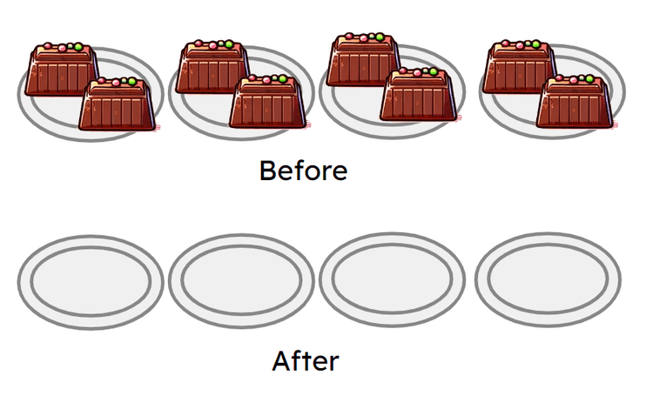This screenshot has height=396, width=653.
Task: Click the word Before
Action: pos(303,171)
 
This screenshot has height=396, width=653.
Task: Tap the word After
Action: pos(306,360)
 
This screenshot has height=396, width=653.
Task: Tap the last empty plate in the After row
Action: pos(548,281)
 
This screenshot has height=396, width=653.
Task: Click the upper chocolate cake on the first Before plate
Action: pos(59,71)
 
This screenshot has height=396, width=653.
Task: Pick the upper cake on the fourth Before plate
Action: pos(520,68)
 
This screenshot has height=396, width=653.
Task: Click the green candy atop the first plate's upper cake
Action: pos(77,46)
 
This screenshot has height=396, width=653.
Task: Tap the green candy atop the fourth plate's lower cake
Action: pos(589,79)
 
